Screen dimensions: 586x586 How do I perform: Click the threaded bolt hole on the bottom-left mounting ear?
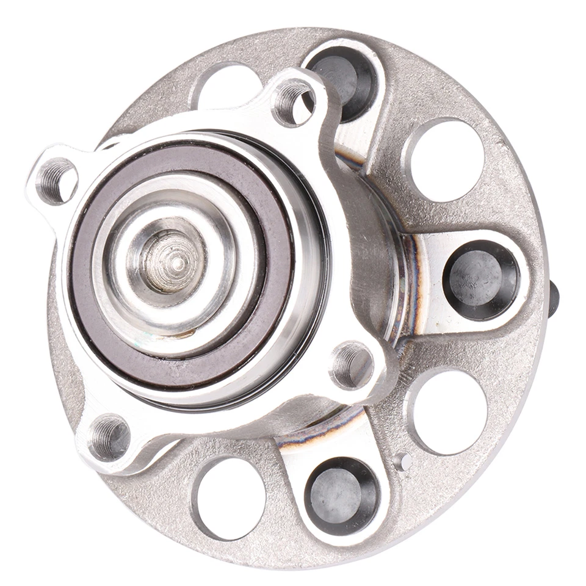[109, 437]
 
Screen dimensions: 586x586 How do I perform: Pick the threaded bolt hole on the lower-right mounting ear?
[352, 364]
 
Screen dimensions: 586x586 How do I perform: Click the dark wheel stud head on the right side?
[482, 280]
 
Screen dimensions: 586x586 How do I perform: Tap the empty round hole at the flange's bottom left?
[231, 498]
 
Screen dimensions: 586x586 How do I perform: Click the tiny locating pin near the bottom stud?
[402, 462]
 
